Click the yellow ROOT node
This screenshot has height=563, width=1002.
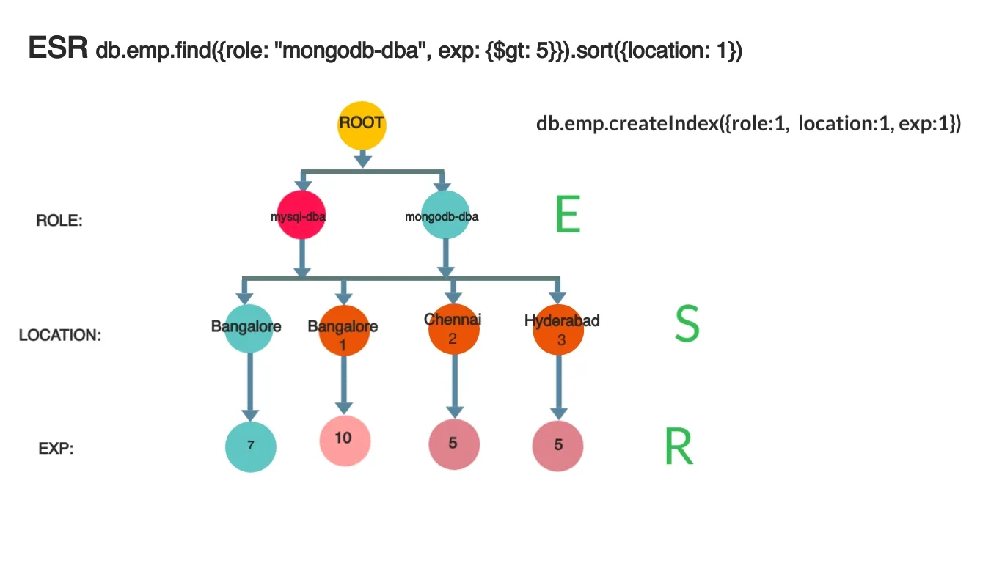pyautogui.click(x=362, y=125)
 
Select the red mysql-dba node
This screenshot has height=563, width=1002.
pyautogui.click(x=301, y=216)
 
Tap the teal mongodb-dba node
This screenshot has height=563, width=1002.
pyautogui.click(x=445, y=215)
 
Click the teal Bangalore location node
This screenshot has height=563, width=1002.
pyautogui.click(x=249, y=328)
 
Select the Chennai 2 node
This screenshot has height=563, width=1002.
pyautogui.click(x=453, y=330)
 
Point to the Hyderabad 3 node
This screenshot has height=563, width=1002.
pyautogui.click(x=559, y=330)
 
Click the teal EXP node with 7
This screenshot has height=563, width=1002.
pyautogui.click(x=250, y=446)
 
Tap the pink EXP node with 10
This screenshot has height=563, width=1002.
pyautogui.click(x=343, y=440)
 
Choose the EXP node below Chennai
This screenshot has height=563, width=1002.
pyautogui.click(x=453, y=444)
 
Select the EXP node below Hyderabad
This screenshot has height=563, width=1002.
pyautogui.click(x=558, y=445)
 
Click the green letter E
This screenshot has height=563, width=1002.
pyautogui.click(x=568, y=215)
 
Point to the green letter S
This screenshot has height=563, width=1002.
pyautogui.click(x=687, y=324)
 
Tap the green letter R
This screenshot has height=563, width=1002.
pyautogui.click(x=679, y=446)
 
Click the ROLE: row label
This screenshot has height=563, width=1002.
pyautogui.click(x=59, y=220)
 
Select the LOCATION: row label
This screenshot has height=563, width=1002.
pyautogui.click(x=60, y=335)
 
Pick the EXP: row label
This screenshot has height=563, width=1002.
pyautogui.click(x=56, y=449)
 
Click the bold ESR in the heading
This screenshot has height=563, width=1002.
pyautogui.click(x=58, y=50)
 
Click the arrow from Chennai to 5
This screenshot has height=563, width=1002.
pyautogui.click(x=453, y=385)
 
